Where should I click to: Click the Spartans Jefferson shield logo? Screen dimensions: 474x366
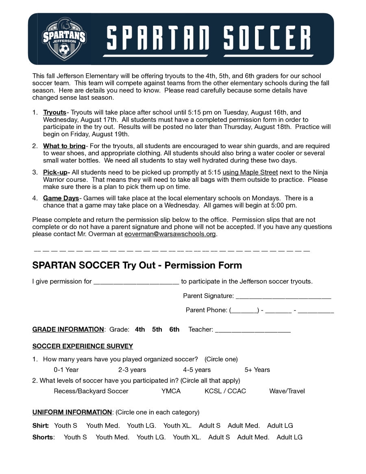(x=64, y=39)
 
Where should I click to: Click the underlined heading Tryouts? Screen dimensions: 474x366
(x=54, y=112)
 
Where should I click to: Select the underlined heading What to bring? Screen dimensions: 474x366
(x=64, y=146)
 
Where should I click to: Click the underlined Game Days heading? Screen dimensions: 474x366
(x=61, y=199)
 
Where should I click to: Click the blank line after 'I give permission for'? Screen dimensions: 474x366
(x=136, y=282)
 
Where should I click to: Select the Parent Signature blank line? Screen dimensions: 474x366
(x=283, y=297)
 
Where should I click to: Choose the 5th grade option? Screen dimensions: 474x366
(x=157, y=330)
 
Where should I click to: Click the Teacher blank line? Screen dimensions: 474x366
(x=253, y=330)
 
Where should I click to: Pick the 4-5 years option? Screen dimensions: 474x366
(x=197, y=370)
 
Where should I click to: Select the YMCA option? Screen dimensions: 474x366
(x=171, y=391)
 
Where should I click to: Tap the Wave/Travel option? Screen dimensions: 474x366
(x=287, y=391)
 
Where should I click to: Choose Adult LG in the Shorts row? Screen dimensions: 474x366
(x=290, y=437)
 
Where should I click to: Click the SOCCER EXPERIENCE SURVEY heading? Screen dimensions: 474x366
(x=83, y=346)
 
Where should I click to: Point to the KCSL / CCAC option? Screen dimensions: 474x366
(x=225, y=391)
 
